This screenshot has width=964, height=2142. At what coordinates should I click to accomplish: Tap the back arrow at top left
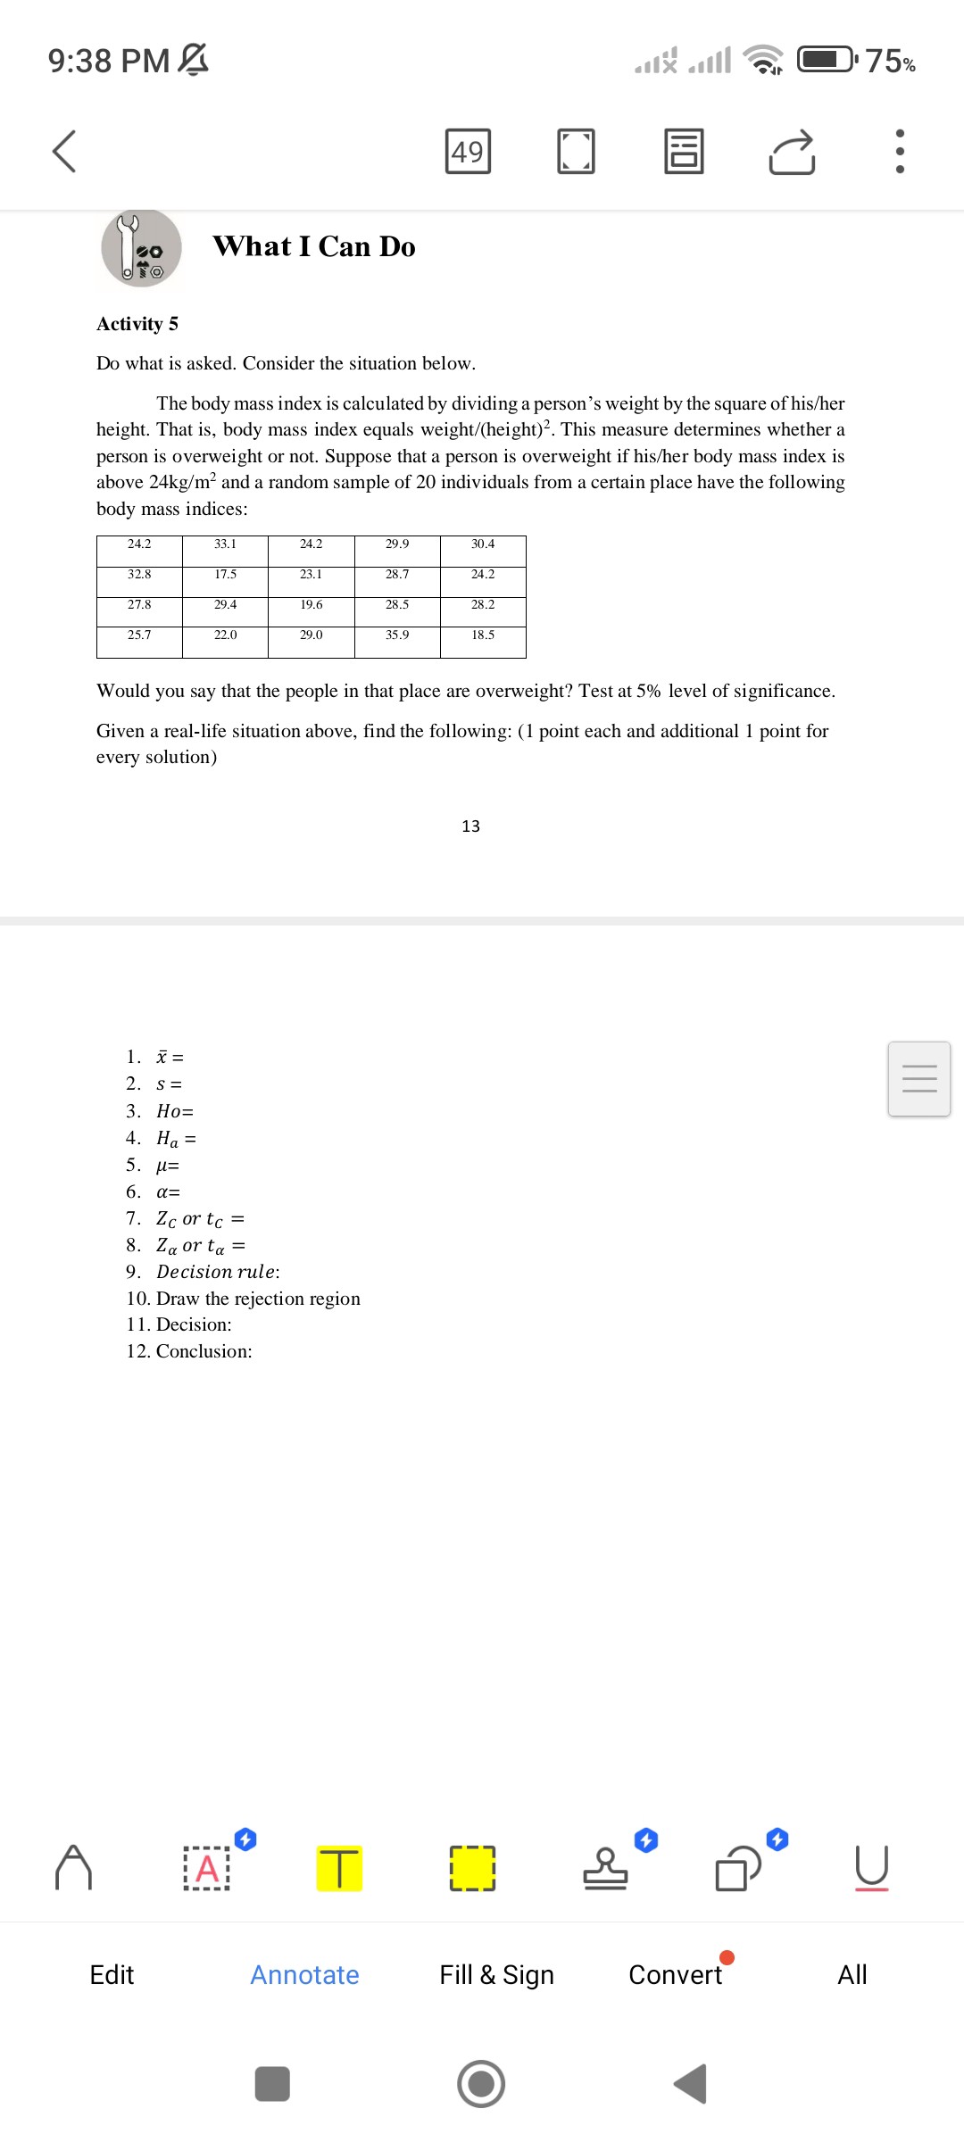64,151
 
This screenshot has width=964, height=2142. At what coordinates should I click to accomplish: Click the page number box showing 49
468,152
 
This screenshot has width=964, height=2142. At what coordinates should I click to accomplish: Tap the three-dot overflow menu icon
899,152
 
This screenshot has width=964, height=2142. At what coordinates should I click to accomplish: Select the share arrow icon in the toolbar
792,152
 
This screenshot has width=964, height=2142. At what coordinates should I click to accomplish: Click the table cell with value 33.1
225,544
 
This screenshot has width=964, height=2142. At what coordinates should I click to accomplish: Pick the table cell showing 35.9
397,635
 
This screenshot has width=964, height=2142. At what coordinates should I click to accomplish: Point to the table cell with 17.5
225,575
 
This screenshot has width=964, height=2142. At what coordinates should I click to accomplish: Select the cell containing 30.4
483,544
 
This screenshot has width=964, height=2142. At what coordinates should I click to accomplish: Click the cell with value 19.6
312,605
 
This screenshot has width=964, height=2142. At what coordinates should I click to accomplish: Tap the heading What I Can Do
314,246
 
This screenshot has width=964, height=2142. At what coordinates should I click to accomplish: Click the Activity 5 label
137,324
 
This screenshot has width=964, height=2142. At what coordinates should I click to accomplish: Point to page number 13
470,826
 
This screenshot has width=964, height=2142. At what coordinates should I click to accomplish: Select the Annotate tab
304,1975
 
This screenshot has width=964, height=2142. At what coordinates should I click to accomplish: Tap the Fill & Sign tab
496,1975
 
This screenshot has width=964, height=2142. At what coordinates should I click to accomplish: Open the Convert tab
676,1975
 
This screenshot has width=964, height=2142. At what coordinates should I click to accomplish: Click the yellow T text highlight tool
339,1868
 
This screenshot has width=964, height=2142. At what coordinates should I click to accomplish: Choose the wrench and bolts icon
141,249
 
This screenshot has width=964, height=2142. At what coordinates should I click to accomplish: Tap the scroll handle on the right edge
918,1078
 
